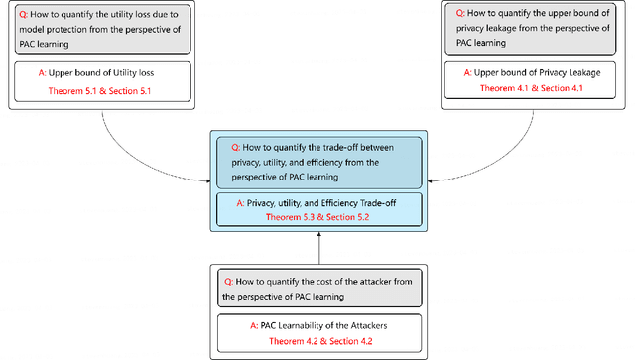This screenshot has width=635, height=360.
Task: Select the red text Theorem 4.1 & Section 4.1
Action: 533,87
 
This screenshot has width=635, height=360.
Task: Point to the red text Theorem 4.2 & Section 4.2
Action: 318,339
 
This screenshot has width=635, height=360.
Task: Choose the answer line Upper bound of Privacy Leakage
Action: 533,73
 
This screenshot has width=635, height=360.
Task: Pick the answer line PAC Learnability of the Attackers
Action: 317,325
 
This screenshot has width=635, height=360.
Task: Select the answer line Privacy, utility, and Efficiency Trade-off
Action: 318,201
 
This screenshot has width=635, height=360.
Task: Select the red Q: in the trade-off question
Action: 224,146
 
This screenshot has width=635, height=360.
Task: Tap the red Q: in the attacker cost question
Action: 225,281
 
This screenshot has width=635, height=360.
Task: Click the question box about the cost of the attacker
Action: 317,288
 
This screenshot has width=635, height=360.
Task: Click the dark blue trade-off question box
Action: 317,160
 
